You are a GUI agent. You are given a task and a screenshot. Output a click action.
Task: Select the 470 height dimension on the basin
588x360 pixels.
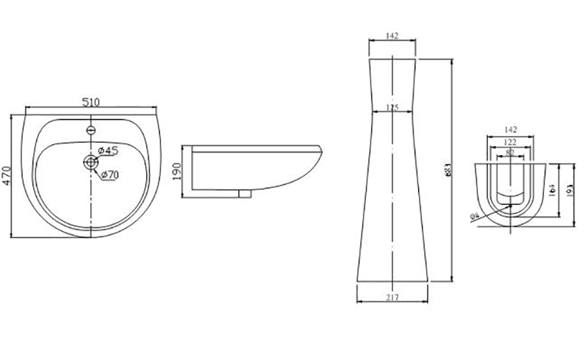(7, 176)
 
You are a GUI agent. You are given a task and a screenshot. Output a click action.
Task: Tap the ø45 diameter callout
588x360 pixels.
(108, 151)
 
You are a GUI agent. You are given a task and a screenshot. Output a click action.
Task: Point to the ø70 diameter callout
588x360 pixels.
(108, 174)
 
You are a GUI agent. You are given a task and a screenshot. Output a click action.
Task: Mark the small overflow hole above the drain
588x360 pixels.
(91, 130)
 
